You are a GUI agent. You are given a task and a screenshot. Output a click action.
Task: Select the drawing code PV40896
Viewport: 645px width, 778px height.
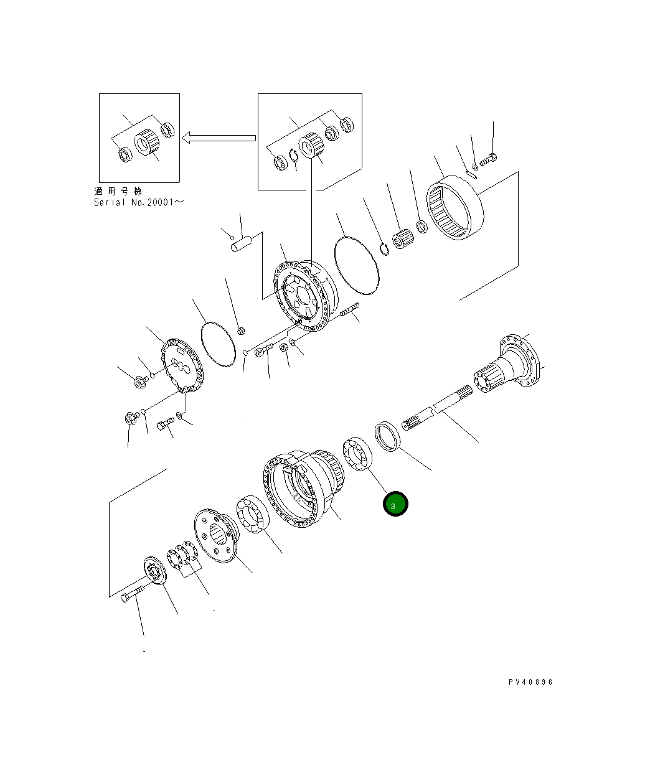[x=530, y=682]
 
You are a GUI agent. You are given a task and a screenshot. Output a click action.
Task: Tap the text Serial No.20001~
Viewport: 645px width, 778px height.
[x=139, y=202]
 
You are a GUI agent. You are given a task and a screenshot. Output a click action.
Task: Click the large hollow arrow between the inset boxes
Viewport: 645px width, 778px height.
[x=219, y=138]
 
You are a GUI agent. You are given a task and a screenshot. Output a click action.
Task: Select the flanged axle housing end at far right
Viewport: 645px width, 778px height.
[x=512, y=367]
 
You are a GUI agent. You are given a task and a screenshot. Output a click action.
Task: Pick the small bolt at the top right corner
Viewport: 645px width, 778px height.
[x=489, y=161]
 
